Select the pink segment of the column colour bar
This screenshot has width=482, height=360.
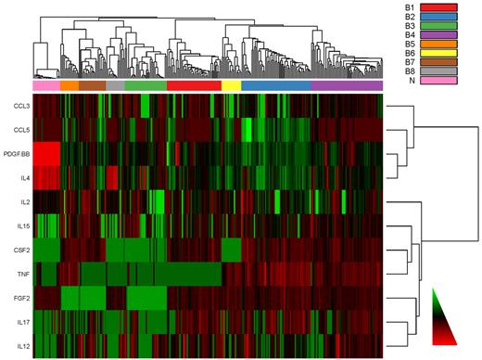pyautogui.click(x=45, y=85)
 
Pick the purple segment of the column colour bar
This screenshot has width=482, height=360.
pyautogui.click(x=347, y=85)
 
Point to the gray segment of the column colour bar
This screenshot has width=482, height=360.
pyautogui.click(x=115, y=85)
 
